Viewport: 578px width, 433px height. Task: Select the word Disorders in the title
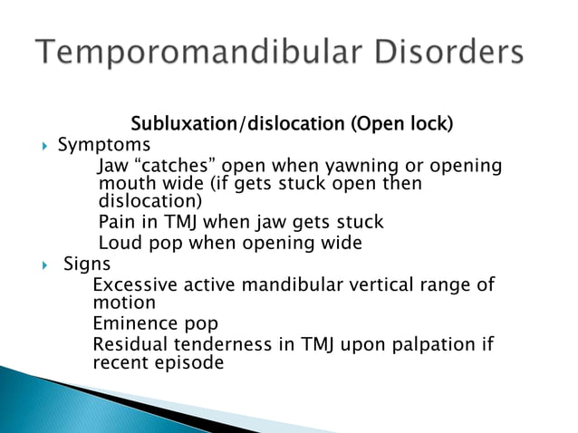446,52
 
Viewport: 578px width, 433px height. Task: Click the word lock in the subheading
429,124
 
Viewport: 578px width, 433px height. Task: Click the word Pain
117,222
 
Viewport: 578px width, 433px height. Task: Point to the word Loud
119,243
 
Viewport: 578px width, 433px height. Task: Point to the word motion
123,303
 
